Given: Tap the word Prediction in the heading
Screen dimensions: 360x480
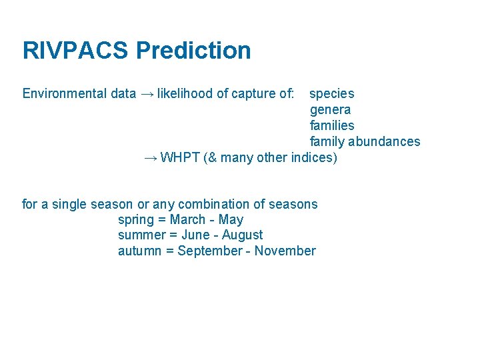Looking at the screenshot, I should click(193, 51).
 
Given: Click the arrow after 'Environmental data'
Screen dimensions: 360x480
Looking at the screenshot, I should click(147, 94).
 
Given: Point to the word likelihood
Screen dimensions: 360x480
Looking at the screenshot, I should click(186, 93).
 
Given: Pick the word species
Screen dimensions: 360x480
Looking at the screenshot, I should click(332, 94).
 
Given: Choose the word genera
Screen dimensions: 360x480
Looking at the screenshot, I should click(330, 110).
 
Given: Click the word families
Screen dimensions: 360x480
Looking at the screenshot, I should click(332, 125).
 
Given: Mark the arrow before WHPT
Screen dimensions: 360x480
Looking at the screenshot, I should click(151, 158).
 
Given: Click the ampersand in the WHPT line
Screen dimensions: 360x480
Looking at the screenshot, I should click(212, 157).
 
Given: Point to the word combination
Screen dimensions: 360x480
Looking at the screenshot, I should click(212, 204).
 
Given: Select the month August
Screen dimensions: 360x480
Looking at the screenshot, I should click(242, 235).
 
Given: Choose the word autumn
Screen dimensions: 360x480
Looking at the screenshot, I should click(140, 251).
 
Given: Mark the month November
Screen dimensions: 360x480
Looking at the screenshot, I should click(285, 251).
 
